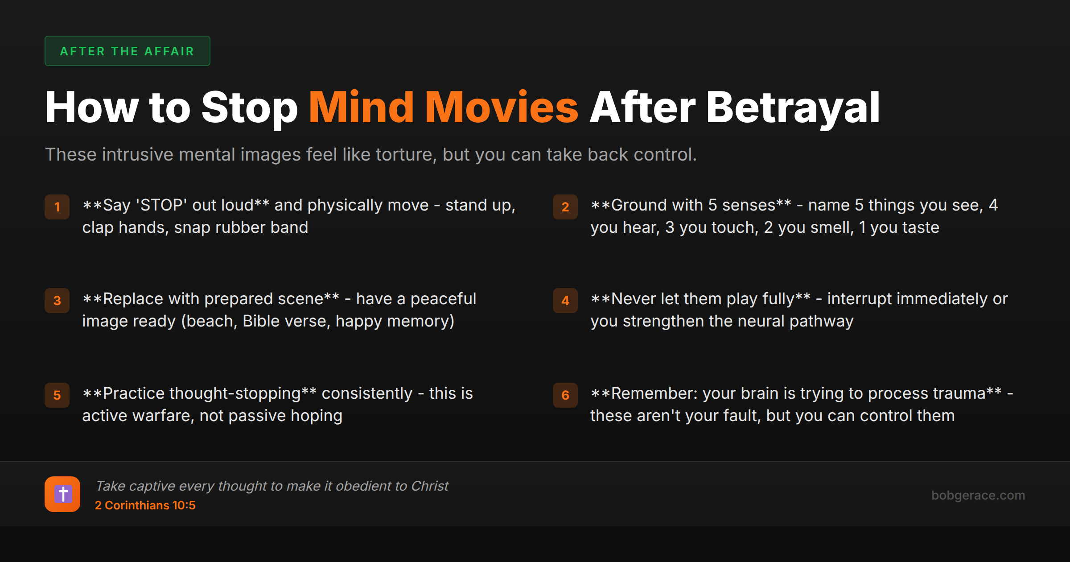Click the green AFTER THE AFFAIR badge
coord(127,51)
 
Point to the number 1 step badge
coord(57,207)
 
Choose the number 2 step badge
coord(565,207)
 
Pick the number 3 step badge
coord(57,301)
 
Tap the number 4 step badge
coord(565,301)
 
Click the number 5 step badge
coord(57,395)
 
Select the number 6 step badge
coord(565,395)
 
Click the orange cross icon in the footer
coord(62,494)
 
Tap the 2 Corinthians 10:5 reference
coord(145,505)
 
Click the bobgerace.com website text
coord(978,495)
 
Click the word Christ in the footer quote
coord(429,486)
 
